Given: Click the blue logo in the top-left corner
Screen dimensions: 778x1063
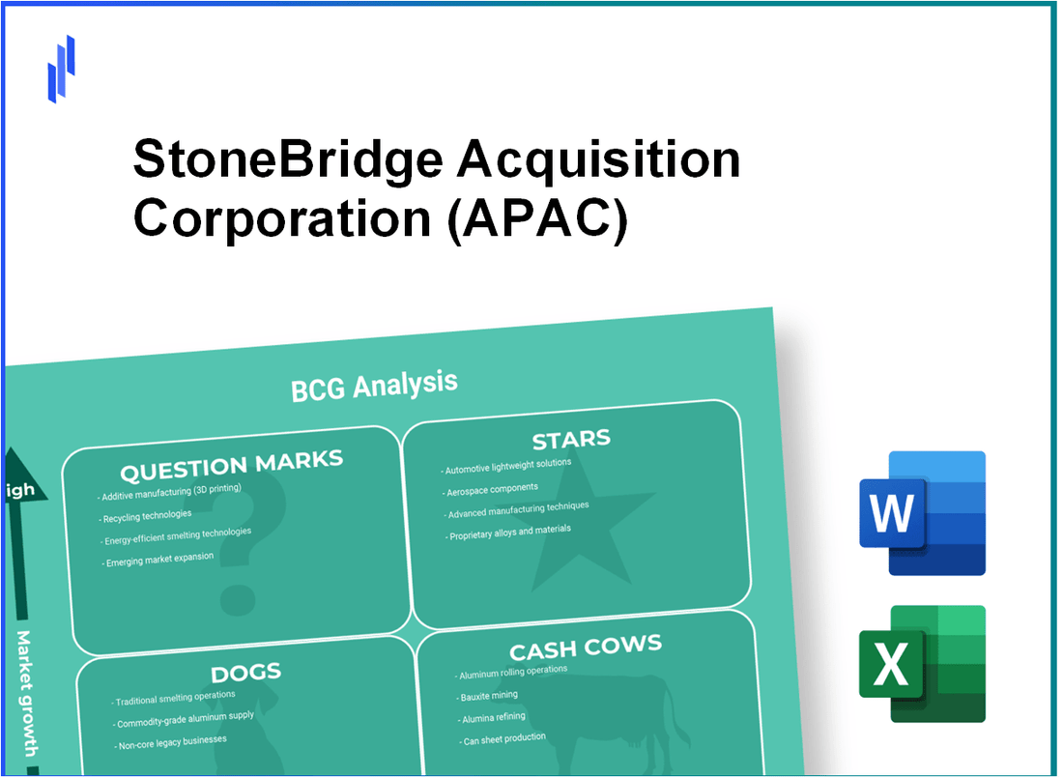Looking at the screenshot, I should pyautogui.click(x=61, y=69).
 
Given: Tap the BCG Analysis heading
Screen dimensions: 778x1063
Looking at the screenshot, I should pyautogui.click(x=374, y=385).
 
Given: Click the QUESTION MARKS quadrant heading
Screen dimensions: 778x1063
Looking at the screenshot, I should pyautogui.click(x=231, y=467).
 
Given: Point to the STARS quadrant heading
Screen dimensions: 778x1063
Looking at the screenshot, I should pyautogui.click(x=571, y=440).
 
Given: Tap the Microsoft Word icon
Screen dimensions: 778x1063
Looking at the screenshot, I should pyautogui.click(x=922, y=513).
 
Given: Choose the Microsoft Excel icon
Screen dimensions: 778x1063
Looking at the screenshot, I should pyautogui.click(x=922, y=664).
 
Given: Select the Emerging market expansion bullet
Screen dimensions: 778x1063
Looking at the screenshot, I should pyautogui.click(x=158, y=561).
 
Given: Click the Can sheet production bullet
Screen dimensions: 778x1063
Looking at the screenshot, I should pyautogui.click(x=504, y=738).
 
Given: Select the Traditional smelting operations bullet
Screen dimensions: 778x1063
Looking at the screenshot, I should pyautogui.click(x=174, y=697).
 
